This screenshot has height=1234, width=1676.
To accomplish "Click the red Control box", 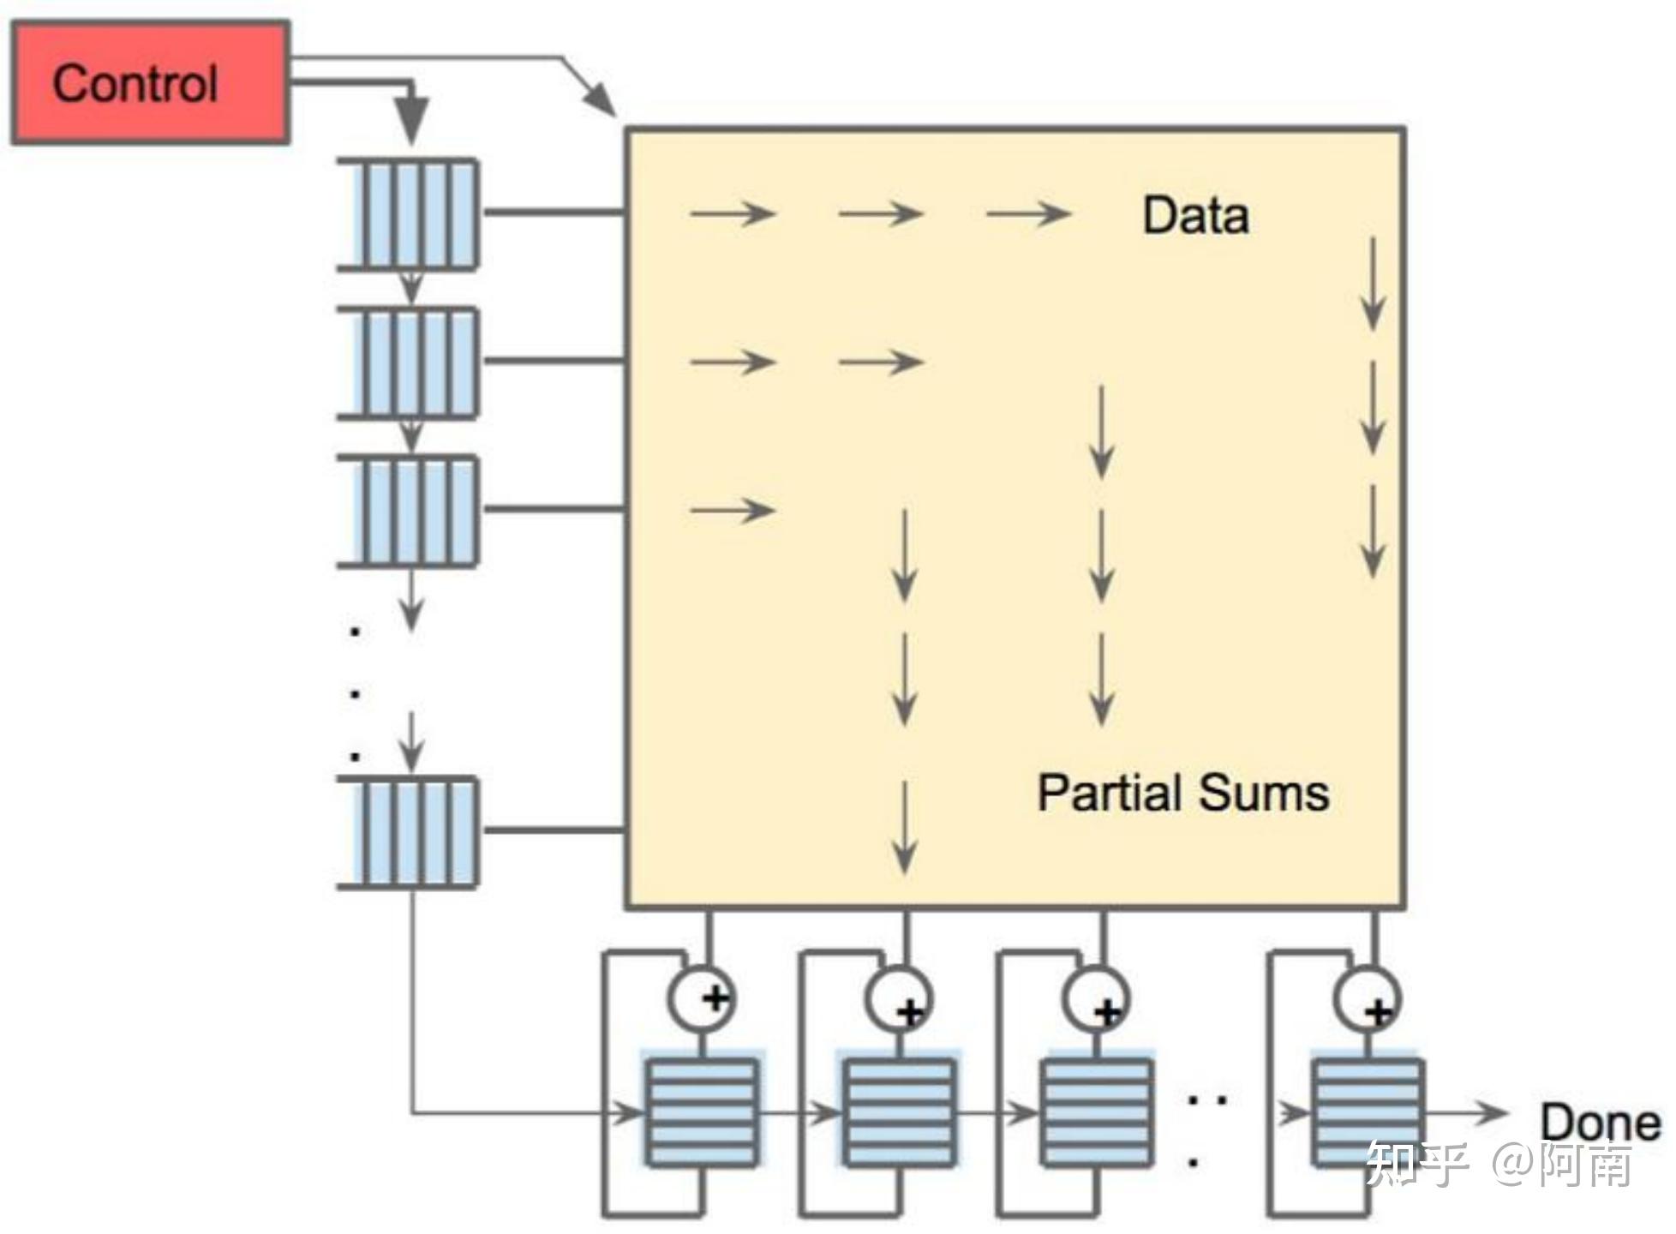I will pos(150,83).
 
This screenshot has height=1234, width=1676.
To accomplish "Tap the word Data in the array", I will pos(1195,215).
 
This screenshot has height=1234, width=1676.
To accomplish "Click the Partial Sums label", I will pos(1182,793).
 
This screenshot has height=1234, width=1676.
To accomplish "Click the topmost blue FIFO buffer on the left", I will pos(410,214).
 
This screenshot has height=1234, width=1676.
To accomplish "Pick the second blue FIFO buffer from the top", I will pos(410,362).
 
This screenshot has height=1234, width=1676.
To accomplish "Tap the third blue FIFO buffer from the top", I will pos(410,511).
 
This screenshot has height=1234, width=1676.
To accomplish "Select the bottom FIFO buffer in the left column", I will pos(410,831).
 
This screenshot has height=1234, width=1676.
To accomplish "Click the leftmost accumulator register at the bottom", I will pos(702,1112).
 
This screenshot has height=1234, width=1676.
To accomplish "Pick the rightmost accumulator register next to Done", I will pos(1368,1112).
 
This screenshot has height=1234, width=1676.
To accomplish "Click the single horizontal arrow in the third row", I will pos(733,511).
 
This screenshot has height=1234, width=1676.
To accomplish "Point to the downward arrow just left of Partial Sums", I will pos(905,827).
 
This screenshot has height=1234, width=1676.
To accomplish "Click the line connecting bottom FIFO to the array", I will pos(553,830).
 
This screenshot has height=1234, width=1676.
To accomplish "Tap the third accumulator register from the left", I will pos(1096,1112).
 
